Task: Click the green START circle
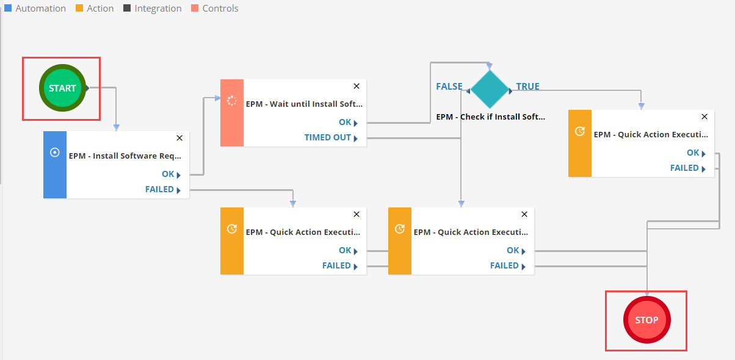point(62,88)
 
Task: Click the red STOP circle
point(646,320)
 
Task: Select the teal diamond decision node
point(490,90)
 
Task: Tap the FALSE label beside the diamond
point(449,87)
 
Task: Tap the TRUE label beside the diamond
point(528,87)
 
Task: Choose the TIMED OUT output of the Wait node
point(328,138)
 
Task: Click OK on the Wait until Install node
point(345,123)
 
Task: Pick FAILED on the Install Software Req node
point(160,190)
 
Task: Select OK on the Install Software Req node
point(168,175)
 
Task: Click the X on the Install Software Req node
point(179,138)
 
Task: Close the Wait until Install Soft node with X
point(357,86)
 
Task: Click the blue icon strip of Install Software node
point(55,165)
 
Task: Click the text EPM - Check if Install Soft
point(491,117)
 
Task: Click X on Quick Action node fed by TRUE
point(704,117)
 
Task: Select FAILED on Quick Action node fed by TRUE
point(684,168)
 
